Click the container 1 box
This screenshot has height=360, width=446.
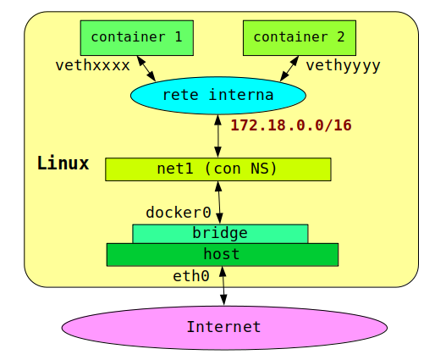pyautogui.click(x=136, y=38)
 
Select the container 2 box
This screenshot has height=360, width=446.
pyautogui.click(x=299, y=38)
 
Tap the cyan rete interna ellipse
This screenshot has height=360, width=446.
pyautogui.click(x=217, y=95)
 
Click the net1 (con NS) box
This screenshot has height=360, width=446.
pyautogui.click(x=217, y=169)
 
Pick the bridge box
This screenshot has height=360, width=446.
pyautogui.click(x=220, y=233)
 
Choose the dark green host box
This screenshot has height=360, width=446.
pyautogui.click(x=222, y=254)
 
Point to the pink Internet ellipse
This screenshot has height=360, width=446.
pyautogui.click(x=224, y=327)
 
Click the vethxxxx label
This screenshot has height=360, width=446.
pyautogui.click(x=92, y=65)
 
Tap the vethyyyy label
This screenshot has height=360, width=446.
pyautogui.click(x=343, y=65)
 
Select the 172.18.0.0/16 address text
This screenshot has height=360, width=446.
pyautogui.click(x=290, y=125)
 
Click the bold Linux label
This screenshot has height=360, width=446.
pyautogui.click(x=63, y=163)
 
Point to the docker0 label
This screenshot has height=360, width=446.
pyautogui.click(x=178, y=213)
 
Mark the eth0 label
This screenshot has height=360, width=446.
pyautogui.click(x=190, y=276)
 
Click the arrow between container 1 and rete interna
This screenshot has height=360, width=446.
pyautogui.click(x=146, y=68)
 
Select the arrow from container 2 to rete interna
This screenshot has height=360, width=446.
pyautogui.click(x=289, y=69)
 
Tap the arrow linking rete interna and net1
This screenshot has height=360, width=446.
pyautogui.click(x=217, y=136)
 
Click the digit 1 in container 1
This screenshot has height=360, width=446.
pyautogui.click(x=178, y=37)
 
